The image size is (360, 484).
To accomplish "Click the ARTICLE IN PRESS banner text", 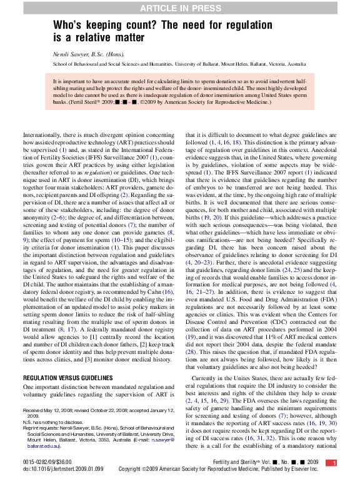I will coord(180,8).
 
